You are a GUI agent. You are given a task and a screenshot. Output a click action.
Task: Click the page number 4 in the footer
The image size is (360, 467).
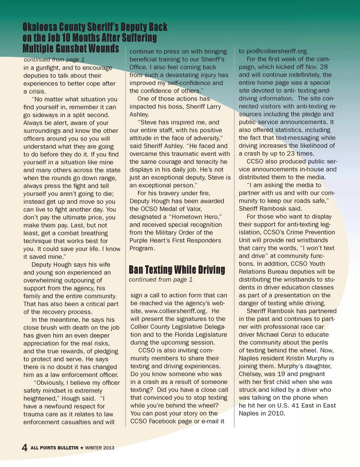25,447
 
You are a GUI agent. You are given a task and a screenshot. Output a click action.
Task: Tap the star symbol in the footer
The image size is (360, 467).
82,448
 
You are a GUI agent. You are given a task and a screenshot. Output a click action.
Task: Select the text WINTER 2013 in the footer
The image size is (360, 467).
100,448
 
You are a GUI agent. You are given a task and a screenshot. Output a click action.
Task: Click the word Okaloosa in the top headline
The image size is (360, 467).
39,27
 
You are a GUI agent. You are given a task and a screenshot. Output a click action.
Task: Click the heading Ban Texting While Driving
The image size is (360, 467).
177,270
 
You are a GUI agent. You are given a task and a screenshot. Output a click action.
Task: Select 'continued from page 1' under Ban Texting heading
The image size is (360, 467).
160,279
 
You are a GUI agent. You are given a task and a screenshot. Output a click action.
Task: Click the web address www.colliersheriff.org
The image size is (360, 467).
175,311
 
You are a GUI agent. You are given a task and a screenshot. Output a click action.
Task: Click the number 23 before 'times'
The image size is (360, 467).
291,153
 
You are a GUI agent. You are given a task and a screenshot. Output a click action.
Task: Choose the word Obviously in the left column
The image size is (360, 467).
49,383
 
